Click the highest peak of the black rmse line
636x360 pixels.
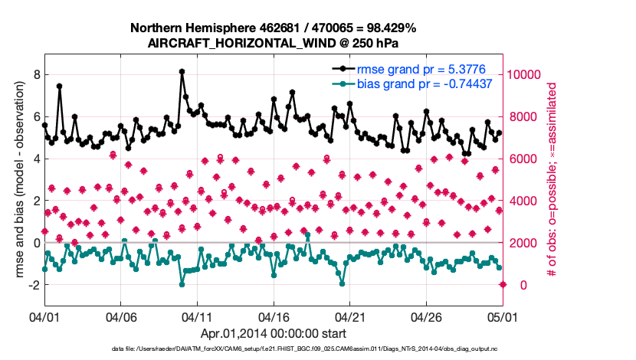[x=182, y=71]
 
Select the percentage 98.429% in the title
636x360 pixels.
[x=389, y=28]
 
